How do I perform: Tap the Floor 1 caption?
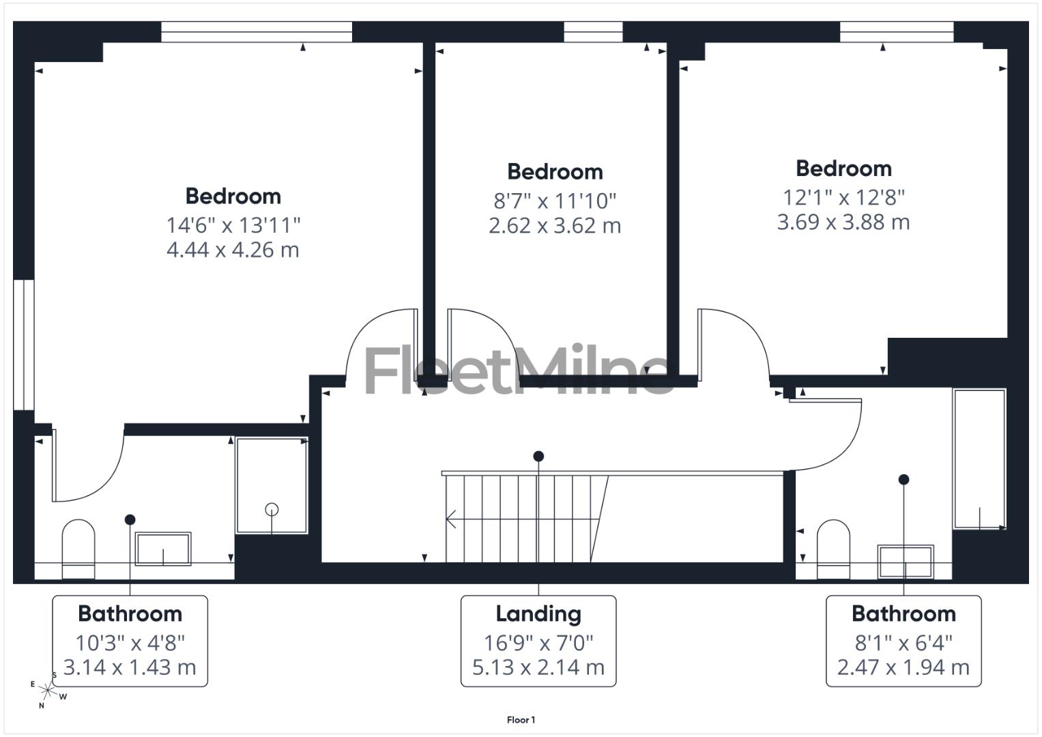click(521, 720)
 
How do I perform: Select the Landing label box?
click(538, 640)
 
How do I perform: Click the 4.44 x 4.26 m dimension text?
click(233, 250)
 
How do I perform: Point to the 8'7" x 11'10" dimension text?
click(555, 201)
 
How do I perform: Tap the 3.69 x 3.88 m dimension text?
click(843, 222)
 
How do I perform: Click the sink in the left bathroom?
click(163, 549)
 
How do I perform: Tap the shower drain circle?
click(272, 509)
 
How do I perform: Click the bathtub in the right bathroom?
click(979, 459)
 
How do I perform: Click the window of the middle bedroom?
click(593, 31)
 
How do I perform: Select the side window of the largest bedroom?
click(23, 345)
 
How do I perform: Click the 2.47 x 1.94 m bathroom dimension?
click(903, 667)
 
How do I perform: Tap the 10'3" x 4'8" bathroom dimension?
click(130, 643)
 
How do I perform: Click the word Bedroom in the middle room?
click(555, 172)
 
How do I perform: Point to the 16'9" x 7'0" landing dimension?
click(538, 643)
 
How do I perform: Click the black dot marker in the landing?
click(538, 456)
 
